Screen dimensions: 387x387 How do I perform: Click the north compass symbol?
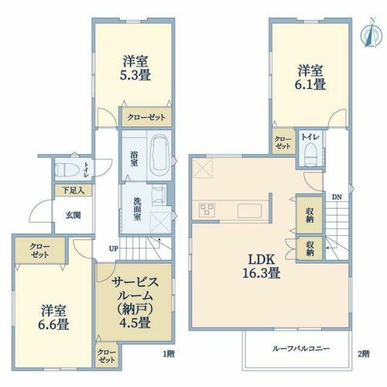point(371,33)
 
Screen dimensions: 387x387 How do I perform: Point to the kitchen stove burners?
point(207,210)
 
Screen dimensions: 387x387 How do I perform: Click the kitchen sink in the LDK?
point(250,210)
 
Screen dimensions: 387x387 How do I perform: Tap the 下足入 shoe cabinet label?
point(74,190)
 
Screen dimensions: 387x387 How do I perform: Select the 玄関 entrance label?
point(74,215)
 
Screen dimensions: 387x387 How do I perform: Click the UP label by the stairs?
point(114,248)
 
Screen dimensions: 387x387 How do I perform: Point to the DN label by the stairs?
point(337,197)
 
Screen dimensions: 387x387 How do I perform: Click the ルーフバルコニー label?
point(301,349)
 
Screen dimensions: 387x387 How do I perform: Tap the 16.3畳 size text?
point(262,272)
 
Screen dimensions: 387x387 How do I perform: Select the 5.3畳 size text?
point(135,75)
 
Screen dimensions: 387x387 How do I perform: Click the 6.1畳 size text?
point(310,84)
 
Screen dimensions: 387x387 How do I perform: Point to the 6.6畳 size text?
point(53,324)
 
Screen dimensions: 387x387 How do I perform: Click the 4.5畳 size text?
point(135,322)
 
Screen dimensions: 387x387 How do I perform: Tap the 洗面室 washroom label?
point(137,209)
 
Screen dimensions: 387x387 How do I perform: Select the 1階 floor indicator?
point(169,354)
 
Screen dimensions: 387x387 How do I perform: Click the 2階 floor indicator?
point(364,354)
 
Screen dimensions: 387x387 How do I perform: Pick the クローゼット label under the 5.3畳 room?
point(146,118)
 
